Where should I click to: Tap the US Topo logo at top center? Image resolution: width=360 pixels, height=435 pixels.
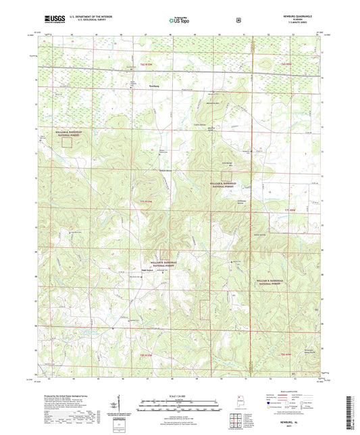click(179, 21)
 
